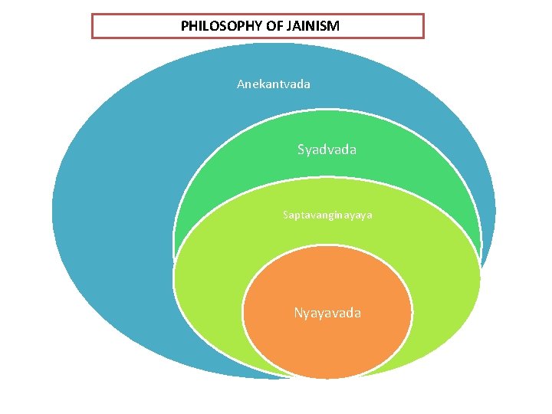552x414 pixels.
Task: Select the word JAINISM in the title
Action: click(x=311, y=26)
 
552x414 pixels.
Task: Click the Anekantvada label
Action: click(x=274, y=84)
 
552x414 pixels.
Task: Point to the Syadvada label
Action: click(x=327, y=149)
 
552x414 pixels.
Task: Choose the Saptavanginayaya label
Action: click(x=327, y=215)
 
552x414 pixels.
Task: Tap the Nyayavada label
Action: click(x=327, y=313)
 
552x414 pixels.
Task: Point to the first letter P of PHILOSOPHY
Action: click(x=185, y=26)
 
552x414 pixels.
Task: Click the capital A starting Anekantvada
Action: click(x=241, y=84)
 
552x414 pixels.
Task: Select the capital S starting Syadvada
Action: click(x=301, y=149)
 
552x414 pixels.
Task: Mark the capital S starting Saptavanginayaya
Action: click(x=285, y=215)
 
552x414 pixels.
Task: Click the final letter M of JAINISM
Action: click(x=334, y=26)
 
